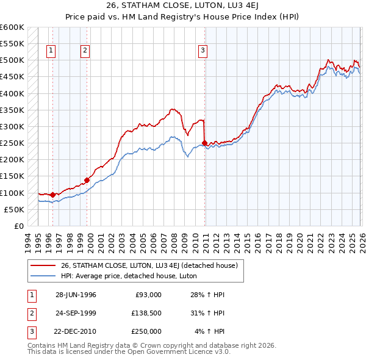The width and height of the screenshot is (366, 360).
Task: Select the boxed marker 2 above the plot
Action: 85,51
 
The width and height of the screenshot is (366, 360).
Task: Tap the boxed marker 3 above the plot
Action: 203,51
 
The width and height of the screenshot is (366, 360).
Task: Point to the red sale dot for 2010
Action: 204,143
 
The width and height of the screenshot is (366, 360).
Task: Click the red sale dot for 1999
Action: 87,179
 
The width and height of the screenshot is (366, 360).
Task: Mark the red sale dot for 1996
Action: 53,195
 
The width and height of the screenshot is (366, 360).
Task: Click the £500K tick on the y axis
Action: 12,60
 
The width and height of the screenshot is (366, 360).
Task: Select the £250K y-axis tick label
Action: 12,143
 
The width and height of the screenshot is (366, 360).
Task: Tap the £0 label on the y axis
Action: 18,226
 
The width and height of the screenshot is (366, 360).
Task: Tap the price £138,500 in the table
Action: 146,313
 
